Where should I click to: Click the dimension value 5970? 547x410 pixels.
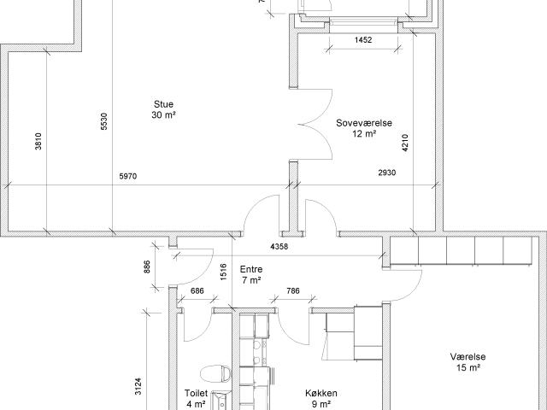coord(128,177)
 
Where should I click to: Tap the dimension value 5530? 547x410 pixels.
coord(104,121)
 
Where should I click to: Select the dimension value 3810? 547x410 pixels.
coord(38,141)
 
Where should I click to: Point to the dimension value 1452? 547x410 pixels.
coord(363,40)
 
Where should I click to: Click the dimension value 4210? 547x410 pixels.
coord(405,143)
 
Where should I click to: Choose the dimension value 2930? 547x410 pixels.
coord(387,173)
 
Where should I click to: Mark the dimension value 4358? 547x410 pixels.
coord(279,247)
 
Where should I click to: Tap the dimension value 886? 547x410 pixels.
coord(147,266)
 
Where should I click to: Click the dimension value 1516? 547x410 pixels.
coord(224,272)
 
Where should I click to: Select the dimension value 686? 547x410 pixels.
coord(197,290)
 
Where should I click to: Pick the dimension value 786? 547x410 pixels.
coord(292,290)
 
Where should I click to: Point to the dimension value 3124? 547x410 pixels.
coord(138,386)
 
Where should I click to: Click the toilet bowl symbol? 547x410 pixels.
coord(215,373)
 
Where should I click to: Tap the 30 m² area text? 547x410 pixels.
coord(163,115)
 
